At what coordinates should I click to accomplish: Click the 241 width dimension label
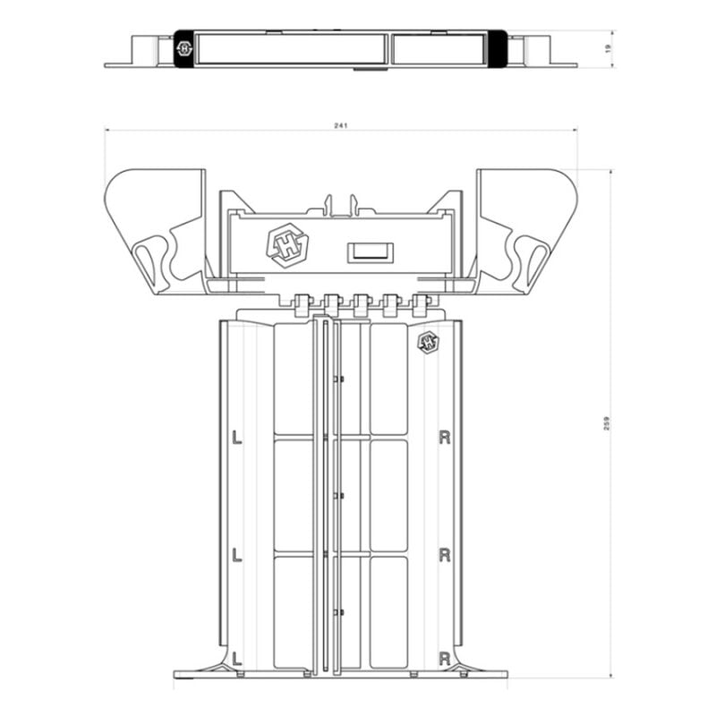340,125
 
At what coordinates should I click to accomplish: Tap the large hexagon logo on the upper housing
284,244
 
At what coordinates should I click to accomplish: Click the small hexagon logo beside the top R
428,341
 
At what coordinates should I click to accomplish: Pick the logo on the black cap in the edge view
185,48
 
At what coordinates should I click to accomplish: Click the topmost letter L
236,438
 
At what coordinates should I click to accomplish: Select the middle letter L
236,555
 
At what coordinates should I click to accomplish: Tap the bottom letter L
236,658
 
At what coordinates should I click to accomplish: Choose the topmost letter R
444,438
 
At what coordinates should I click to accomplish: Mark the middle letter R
444,555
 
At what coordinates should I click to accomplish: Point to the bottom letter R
444,658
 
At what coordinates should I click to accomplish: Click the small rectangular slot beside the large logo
369,252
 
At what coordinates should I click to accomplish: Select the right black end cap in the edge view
498,48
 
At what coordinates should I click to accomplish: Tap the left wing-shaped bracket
157,228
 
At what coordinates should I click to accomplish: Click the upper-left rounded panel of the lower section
293,379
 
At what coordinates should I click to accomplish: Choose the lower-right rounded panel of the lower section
388,612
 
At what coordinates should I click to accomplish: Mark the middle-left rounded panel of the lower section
293,495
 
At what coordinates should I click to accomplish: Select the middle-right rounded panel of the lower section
388,495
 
